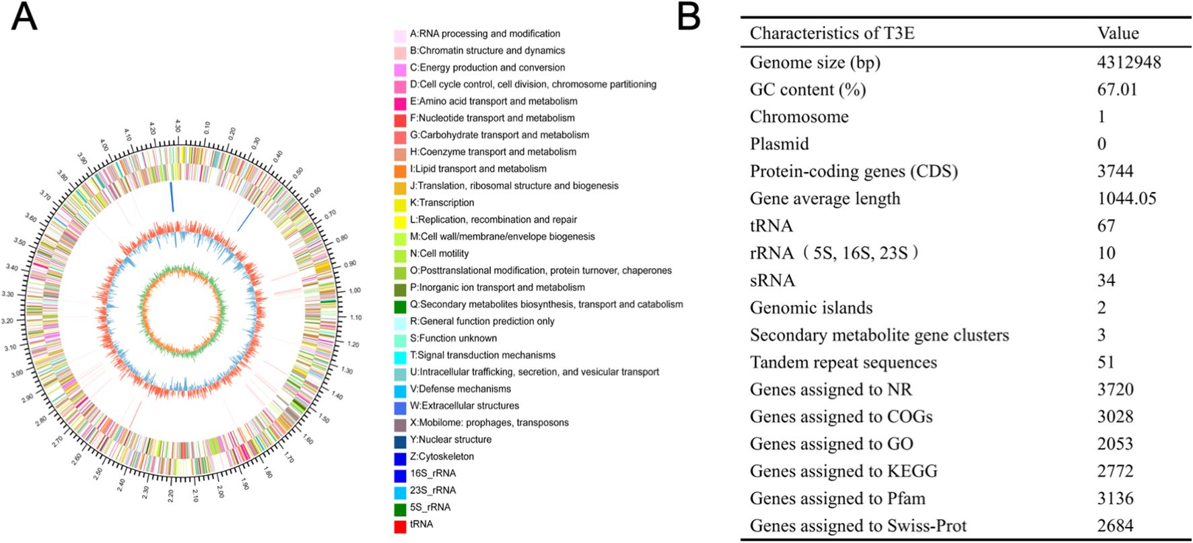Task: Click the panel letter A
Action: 24,18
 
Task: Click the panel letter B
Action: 689,18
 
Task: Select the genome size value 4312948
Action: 1129,63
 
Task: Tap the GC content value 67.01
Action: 1117,90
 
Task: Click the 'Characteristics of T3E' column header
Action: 832,33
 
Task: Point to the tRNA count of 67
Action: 1106,226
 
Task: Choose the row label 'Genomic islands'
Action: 811,308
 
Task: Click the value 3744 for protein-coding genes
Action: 1115,171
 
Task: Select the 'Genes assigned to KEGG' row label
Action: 844,471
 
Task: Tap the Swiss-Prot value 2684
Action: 1115,525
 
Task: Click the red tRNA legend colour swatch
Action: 400,525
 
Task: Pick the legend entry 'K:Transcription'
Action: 442,203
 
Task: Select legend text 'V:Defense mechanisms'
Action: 460,389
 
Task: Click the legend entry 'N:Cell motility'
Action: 439,253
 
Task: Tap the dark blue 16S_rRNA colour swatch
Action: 400,474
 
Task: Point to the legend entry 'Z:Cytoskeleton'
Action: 442,457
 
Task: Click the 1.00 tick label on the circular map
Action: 354,290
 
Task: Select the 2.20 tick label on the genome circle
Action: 170,496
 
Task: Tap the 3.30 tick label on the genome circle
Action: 8,294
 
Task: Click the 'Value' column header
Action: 1118,33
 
